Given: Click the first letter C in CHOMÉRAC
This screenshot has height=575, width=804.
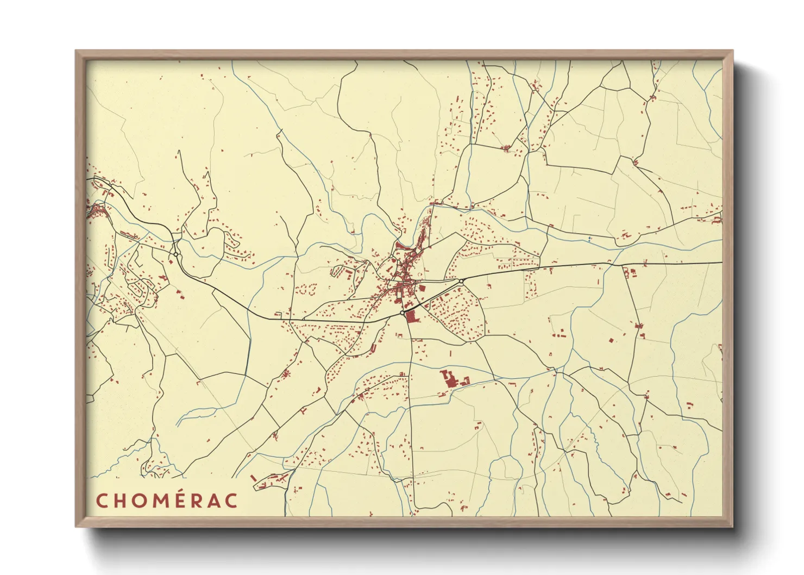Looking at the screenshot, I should (x=102, y=501).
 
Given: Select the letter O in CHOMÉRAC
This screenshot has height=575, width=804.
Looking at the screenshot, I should (x=142, y=501).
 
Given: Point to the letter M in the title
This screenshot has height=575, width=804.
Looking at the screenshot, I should (x=164, y=501).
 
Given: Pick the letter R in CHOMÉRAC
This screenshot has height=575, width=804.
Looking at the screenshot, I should (x=204, y=501).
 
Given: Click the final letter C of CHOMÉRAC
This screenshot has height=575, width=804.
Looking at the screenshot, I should (x=233, y=501).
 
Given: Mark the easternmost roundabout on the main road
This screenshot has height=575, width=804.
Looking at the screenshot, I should (x=461, y=281).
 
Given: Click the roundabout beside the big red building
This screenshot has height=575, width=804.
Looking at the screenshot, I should (x=402, y=313).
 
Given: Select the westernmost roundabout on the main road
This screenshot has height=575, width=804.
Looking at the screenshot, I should (x=176, y=254).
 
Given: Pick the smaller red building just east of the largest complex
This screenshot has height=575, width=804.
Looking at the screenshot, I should (x=465, y=382).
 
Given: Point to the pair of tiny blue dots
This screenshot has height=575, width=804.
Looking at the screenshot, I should (x=589, y=238).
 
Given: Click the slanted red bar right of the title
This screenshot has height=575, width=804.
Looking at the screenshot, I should (x=253, y=478).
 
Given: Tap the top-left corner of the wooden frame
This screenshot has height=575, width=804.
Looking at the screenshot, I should (x=76, y=51).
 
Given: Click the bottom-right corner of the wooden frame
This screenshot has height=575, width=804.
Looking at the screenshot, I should (x=732, y=527).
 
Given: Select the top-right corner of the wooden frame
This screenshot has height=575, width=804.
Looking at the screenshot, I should (x=732, y=51).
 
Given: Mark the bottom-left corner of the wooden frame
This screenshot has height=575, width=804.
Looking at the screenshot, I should (x=76, y=527).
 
